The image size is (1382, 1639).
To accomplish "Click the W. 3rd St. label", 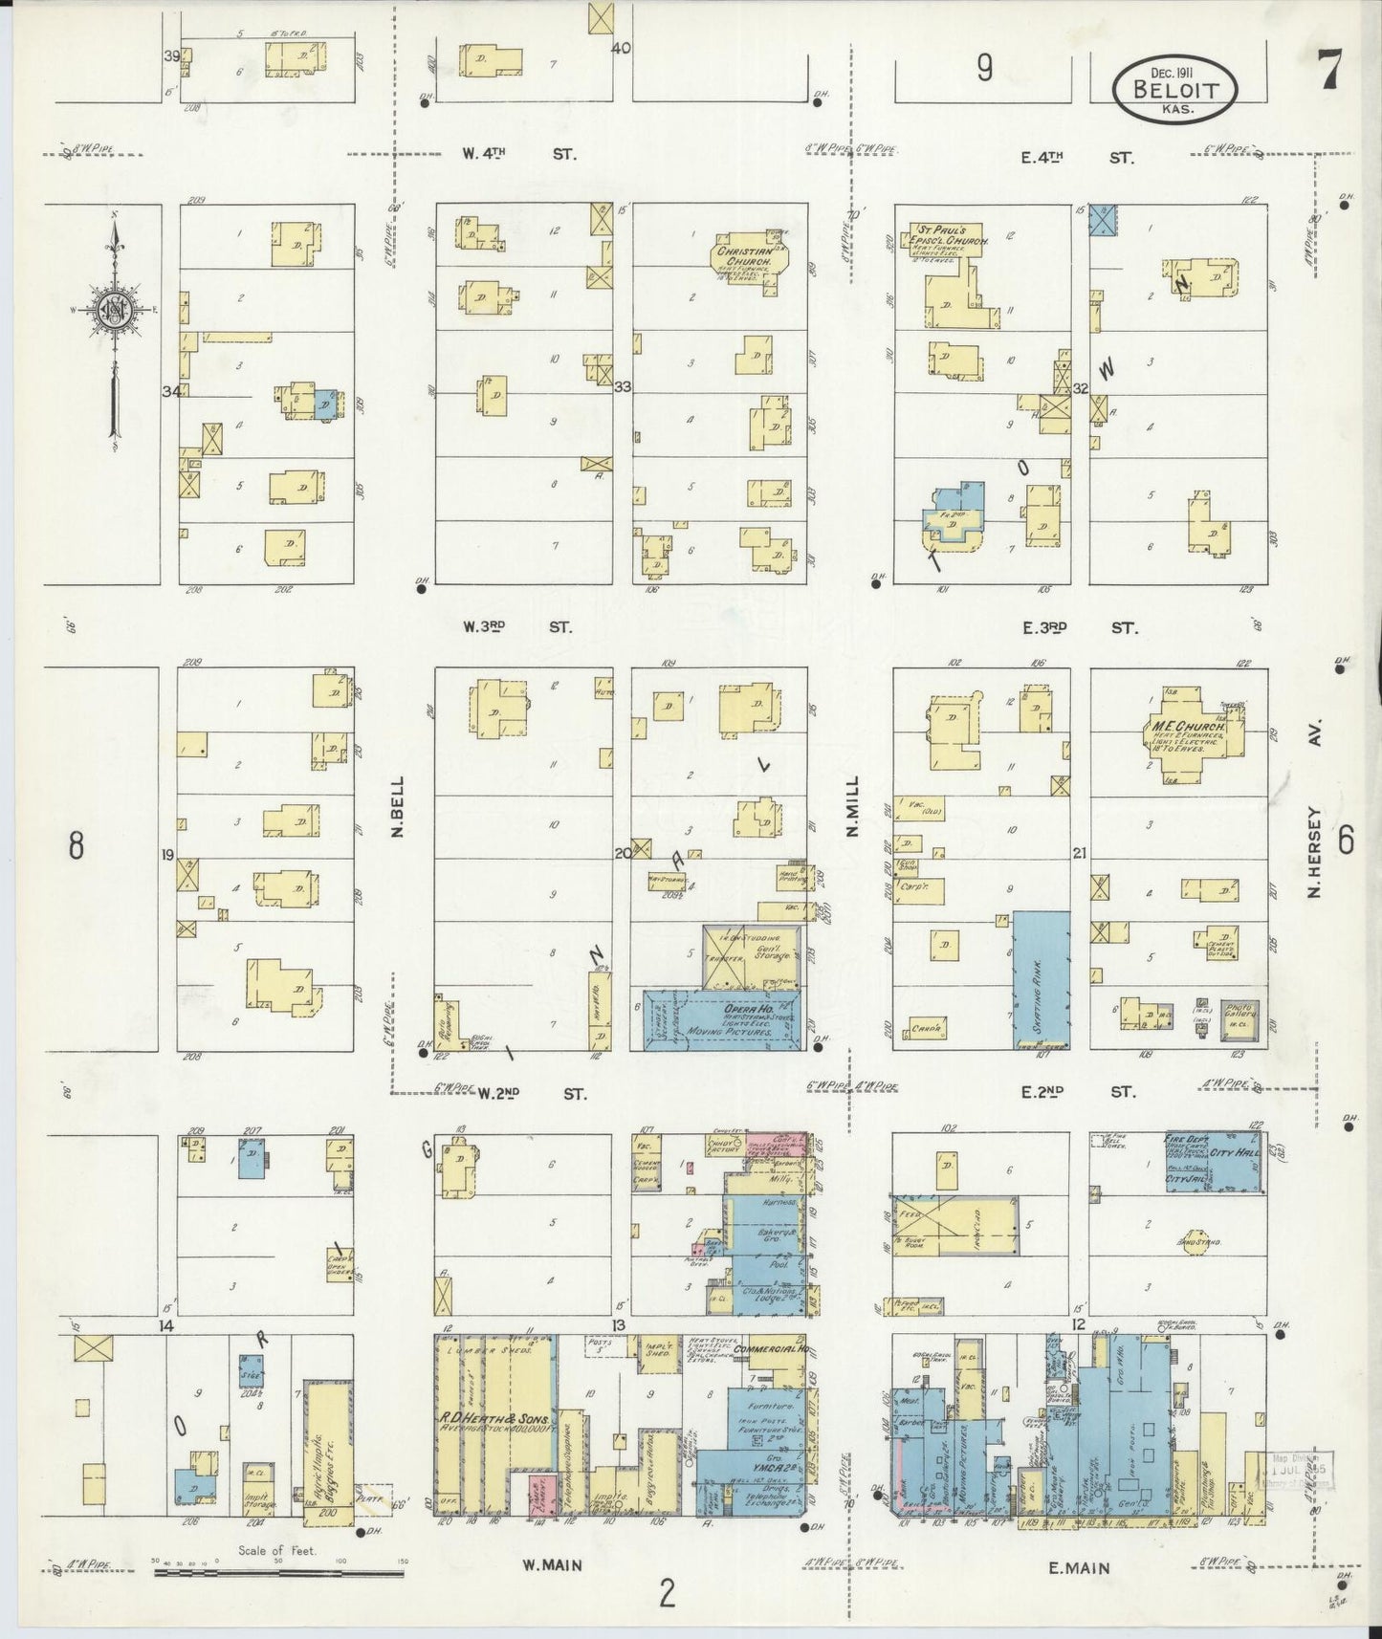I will [x=516, y=627].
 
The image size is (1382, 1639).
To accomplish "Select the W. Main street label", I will [x=553, y=1565].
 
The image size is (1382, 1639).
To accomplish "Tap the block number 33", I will [x=623, y=387].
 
